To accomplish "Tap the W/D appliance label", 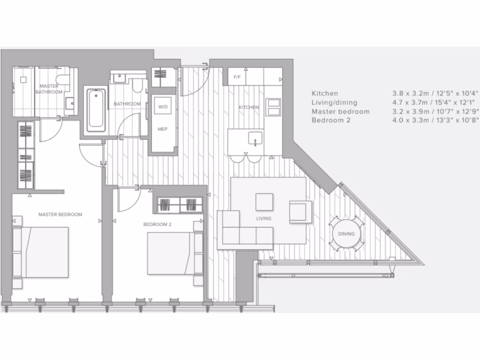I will click(x=163, y=107).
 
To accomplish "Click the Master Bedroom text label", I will click(x=60, y=215).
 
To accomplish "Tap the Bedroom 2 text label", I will click(x=157, y=225).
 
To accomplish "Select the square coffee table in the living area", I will click(x=264, y=202).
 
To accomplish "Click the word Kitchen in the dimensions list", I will click(x=324, y=93).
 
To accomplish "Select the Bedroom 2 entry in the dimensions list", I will click(x=329, y=120).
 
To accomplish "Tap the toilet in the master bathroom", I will click(x=61, y=79).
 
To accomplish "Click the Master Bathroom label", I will click(x=49, y=89).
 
